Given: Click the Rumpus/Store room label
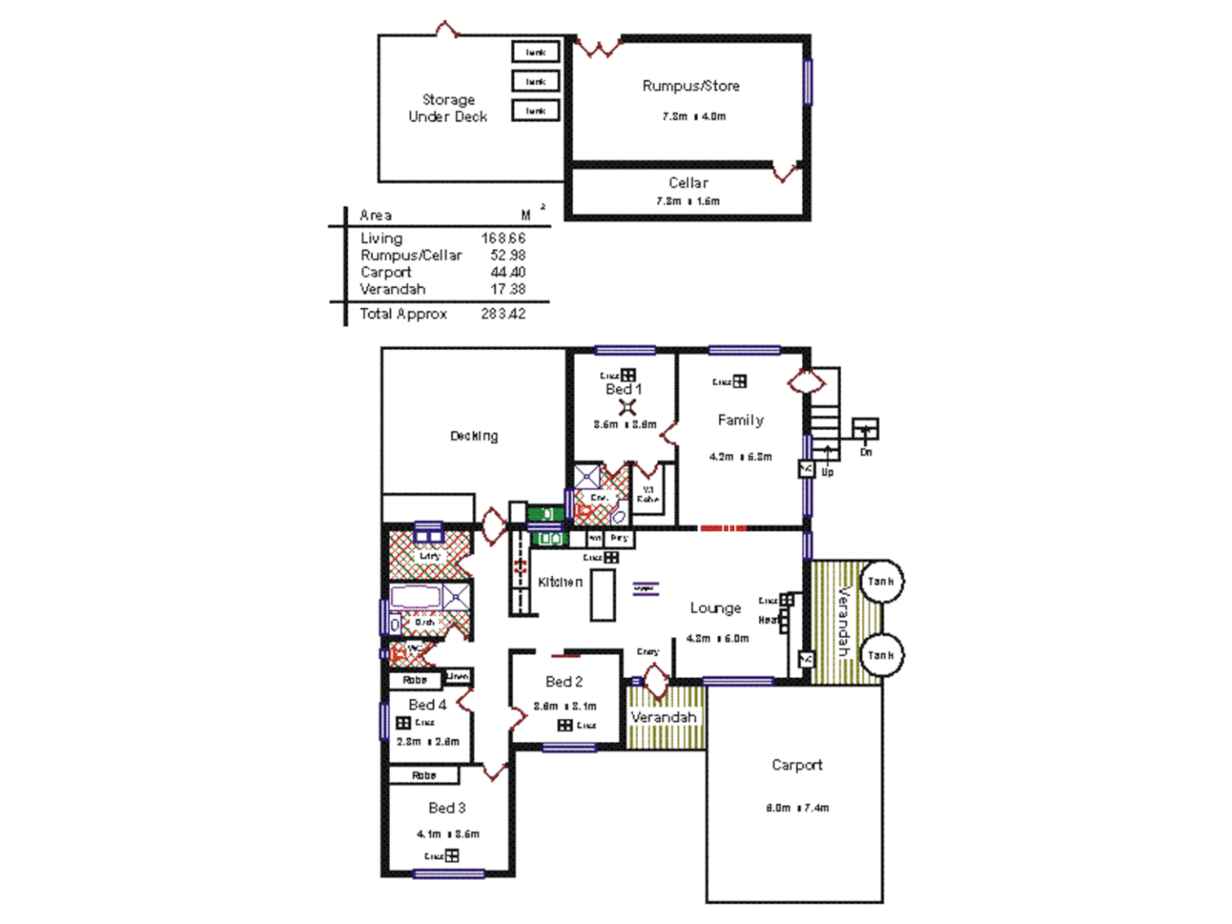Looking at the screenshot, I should point(690,86).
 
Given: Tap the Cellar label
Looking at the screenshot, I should point(688,182).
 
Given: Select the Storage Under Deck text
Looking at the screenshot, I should point(447,108).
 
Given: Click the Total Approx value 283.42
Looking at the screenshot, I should point(503,314).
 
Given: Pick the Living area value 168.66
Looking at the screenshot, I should point(503,239).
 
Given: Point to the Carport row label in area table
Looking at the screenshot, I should point(385,272).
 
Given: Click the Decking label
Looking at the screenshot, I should point(474,436).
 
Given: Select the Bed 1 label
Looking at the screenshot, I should point(623,389).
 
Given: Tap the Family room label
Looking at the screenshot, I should point(740,420).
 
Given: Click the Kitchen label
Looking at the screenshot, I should point(560,582).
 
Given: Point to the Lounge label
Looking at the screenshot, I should point(715,608).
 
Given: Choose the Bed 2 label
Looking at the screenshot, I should point(564,682).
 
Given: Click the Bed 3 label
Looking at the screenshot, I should point(447,808).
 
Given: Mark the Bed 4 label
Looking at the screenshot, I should point(427,705).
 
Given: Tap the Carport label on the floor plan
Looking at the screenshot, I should point(797,765).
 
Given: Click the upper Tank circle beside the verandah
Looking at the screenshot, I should point(880,582).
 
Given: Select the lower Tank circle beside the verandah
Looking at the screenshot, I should point(880,655).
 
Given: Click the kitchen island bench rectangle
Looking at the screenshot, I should point(602,595).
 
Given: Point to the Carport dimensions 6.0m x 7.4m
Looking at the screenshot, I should point(797,808).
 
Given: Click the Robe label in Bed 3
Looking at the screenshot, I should point(423,775).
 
